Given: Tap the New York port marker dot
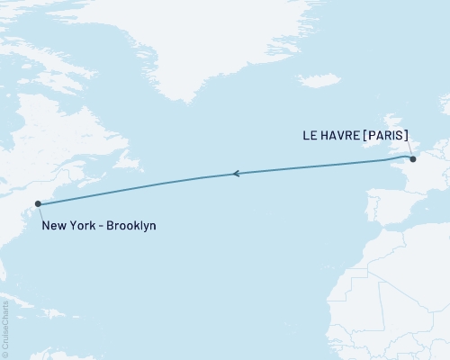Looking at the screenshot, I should click(37, 204).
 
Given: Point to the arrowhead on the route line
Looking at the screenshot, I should click(235, 173).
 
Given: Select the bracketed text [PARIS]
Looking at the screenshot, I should click(385, 137).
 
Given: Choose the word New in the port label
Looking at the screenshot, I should click(54, 225).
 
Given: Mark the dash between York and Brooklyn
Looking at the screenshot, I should click(102, 225).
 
